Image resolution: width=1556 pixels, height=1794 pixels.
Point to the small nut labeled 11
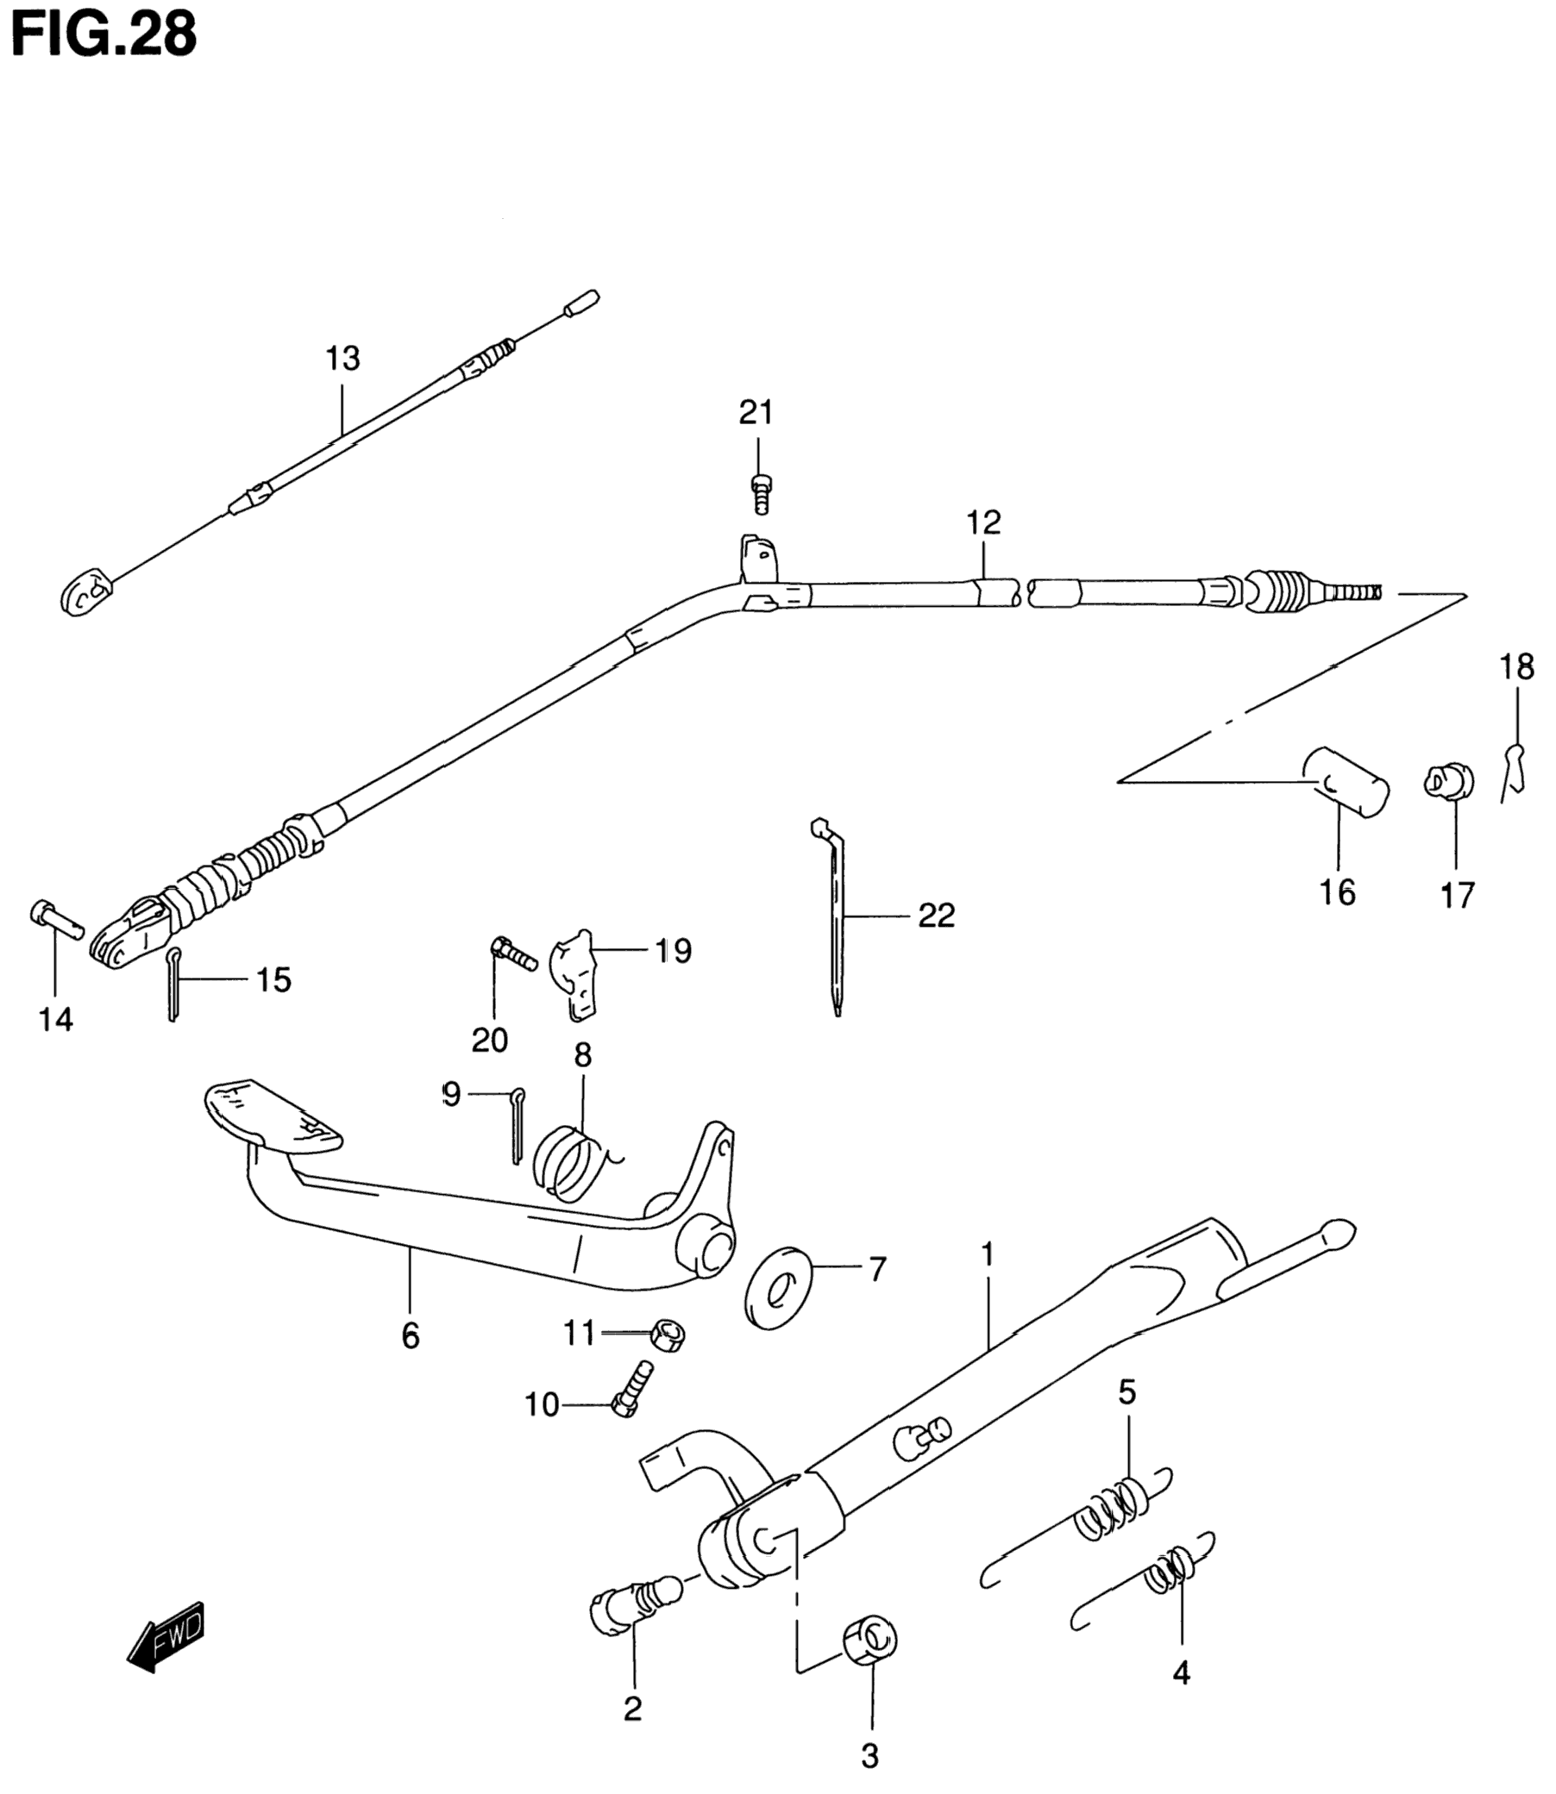click(668, 1333)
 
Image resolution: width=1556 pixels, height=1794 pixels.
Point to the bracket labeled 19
click(576, 972)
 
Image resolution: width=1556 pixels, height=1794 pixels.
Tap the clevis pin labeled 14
click(54, 918)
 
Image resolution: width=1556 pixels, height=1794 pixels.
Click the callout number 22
click(936, 915)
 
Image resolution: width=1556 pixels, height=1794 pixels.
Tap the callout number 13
click(342, 358)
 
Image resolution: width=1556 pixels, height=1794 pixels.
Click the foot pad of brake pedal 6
click(271, 1116)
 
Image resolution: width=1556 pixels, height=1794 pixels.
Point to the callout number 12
click(983, 522)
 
